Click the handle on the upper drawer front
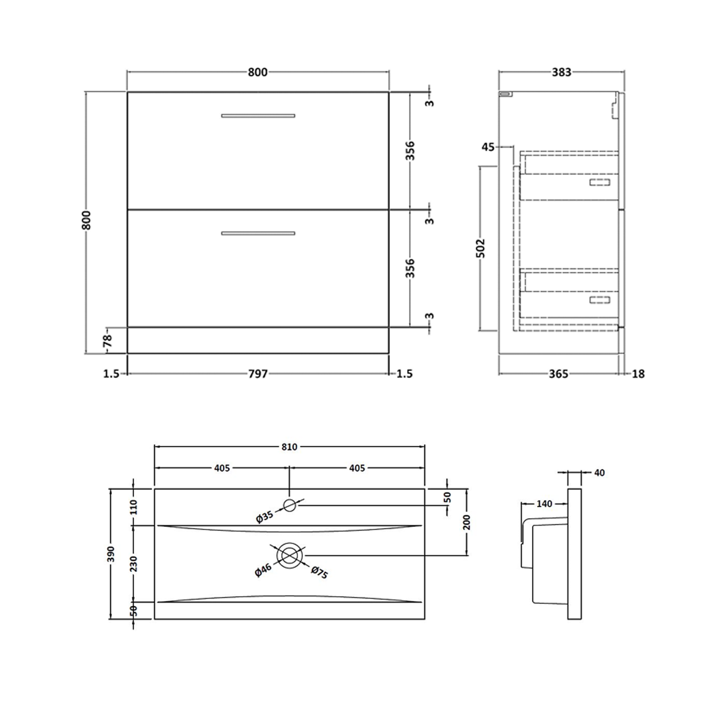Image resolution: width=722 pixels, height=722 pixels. (258, 116)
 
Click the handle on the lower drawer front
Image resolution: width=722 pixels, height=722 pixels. (258, 233)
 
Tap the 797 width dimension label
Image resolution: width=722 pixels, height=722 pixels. (258, 374)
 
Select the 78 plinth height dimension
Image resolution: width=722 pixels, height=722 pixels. (108, 341)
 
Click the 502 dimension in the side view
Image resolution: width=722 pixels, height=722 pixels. (481, 248)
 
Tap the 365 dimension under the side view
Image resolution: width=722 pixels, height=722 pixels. (558, 374)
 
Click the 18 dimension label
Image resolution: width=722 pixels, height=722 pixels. (638, 374)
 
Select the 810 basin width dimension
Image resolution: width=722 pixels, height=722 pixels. (289, 447)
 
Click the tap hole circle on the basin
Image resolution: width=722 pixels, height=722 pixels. (290, 505)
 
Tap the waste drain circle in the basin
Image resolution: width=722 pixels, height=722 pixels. (289, 556)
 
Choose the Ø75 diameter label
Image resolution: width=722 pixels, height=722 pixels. (320, 573)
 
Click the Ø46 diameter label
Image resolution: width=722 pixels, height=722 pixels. (264, 571)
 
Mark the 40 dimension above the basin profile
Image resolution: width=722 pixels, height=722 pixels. (599, 473)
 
